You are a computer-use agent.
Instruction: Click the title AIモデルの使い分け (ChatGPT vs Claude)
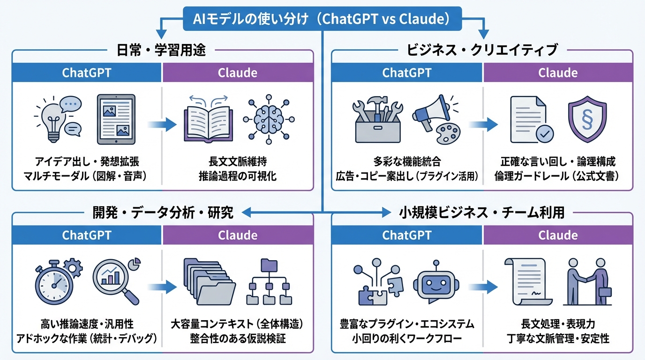click(322, 19)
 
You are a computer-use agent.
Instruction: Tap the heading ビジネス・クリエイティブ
click(483, 50)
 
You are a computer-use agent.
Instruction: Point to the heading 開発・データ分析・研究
click(162, 213)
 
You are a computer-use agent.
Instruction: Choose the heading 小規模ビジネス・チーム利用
click(483, 213)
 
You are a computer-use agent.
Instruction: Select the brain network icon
click(269, 118)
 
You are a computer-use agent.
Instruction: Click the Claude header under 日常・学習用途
click(238, 73)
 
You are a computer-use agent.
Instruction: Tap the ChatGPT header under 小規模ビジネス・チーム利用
click(407, 235)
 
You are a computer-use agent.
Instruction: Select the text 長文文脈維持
click(237, 162)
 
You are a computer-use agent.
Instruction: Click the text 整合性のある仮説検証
click(237, 338)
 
